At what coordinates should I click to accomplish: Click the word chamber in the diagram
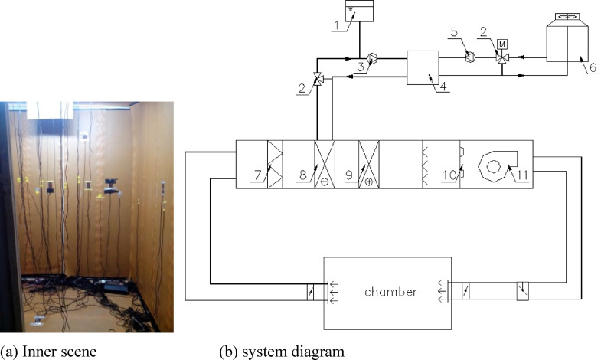[391, 292]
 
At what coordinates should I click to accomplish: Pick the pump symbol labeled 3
[369, 56]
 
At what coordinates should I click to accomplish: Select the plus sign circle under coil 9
[370, 182]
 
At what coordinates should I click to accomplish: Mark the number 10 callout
[449, 176]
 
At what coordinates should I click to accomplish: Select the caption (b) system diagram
[282, 352]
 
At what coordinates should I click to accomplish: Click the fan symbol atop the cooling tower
[567, 16]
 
